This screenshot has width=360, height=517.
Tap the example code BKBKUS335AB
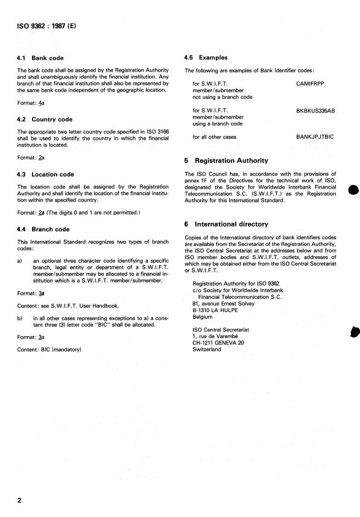(x=319, y=111)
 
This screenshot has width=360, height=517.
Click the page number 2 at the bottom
(x=19, y=501)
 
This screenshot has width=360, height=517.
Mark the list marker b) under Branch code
(x=21, y=316)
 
